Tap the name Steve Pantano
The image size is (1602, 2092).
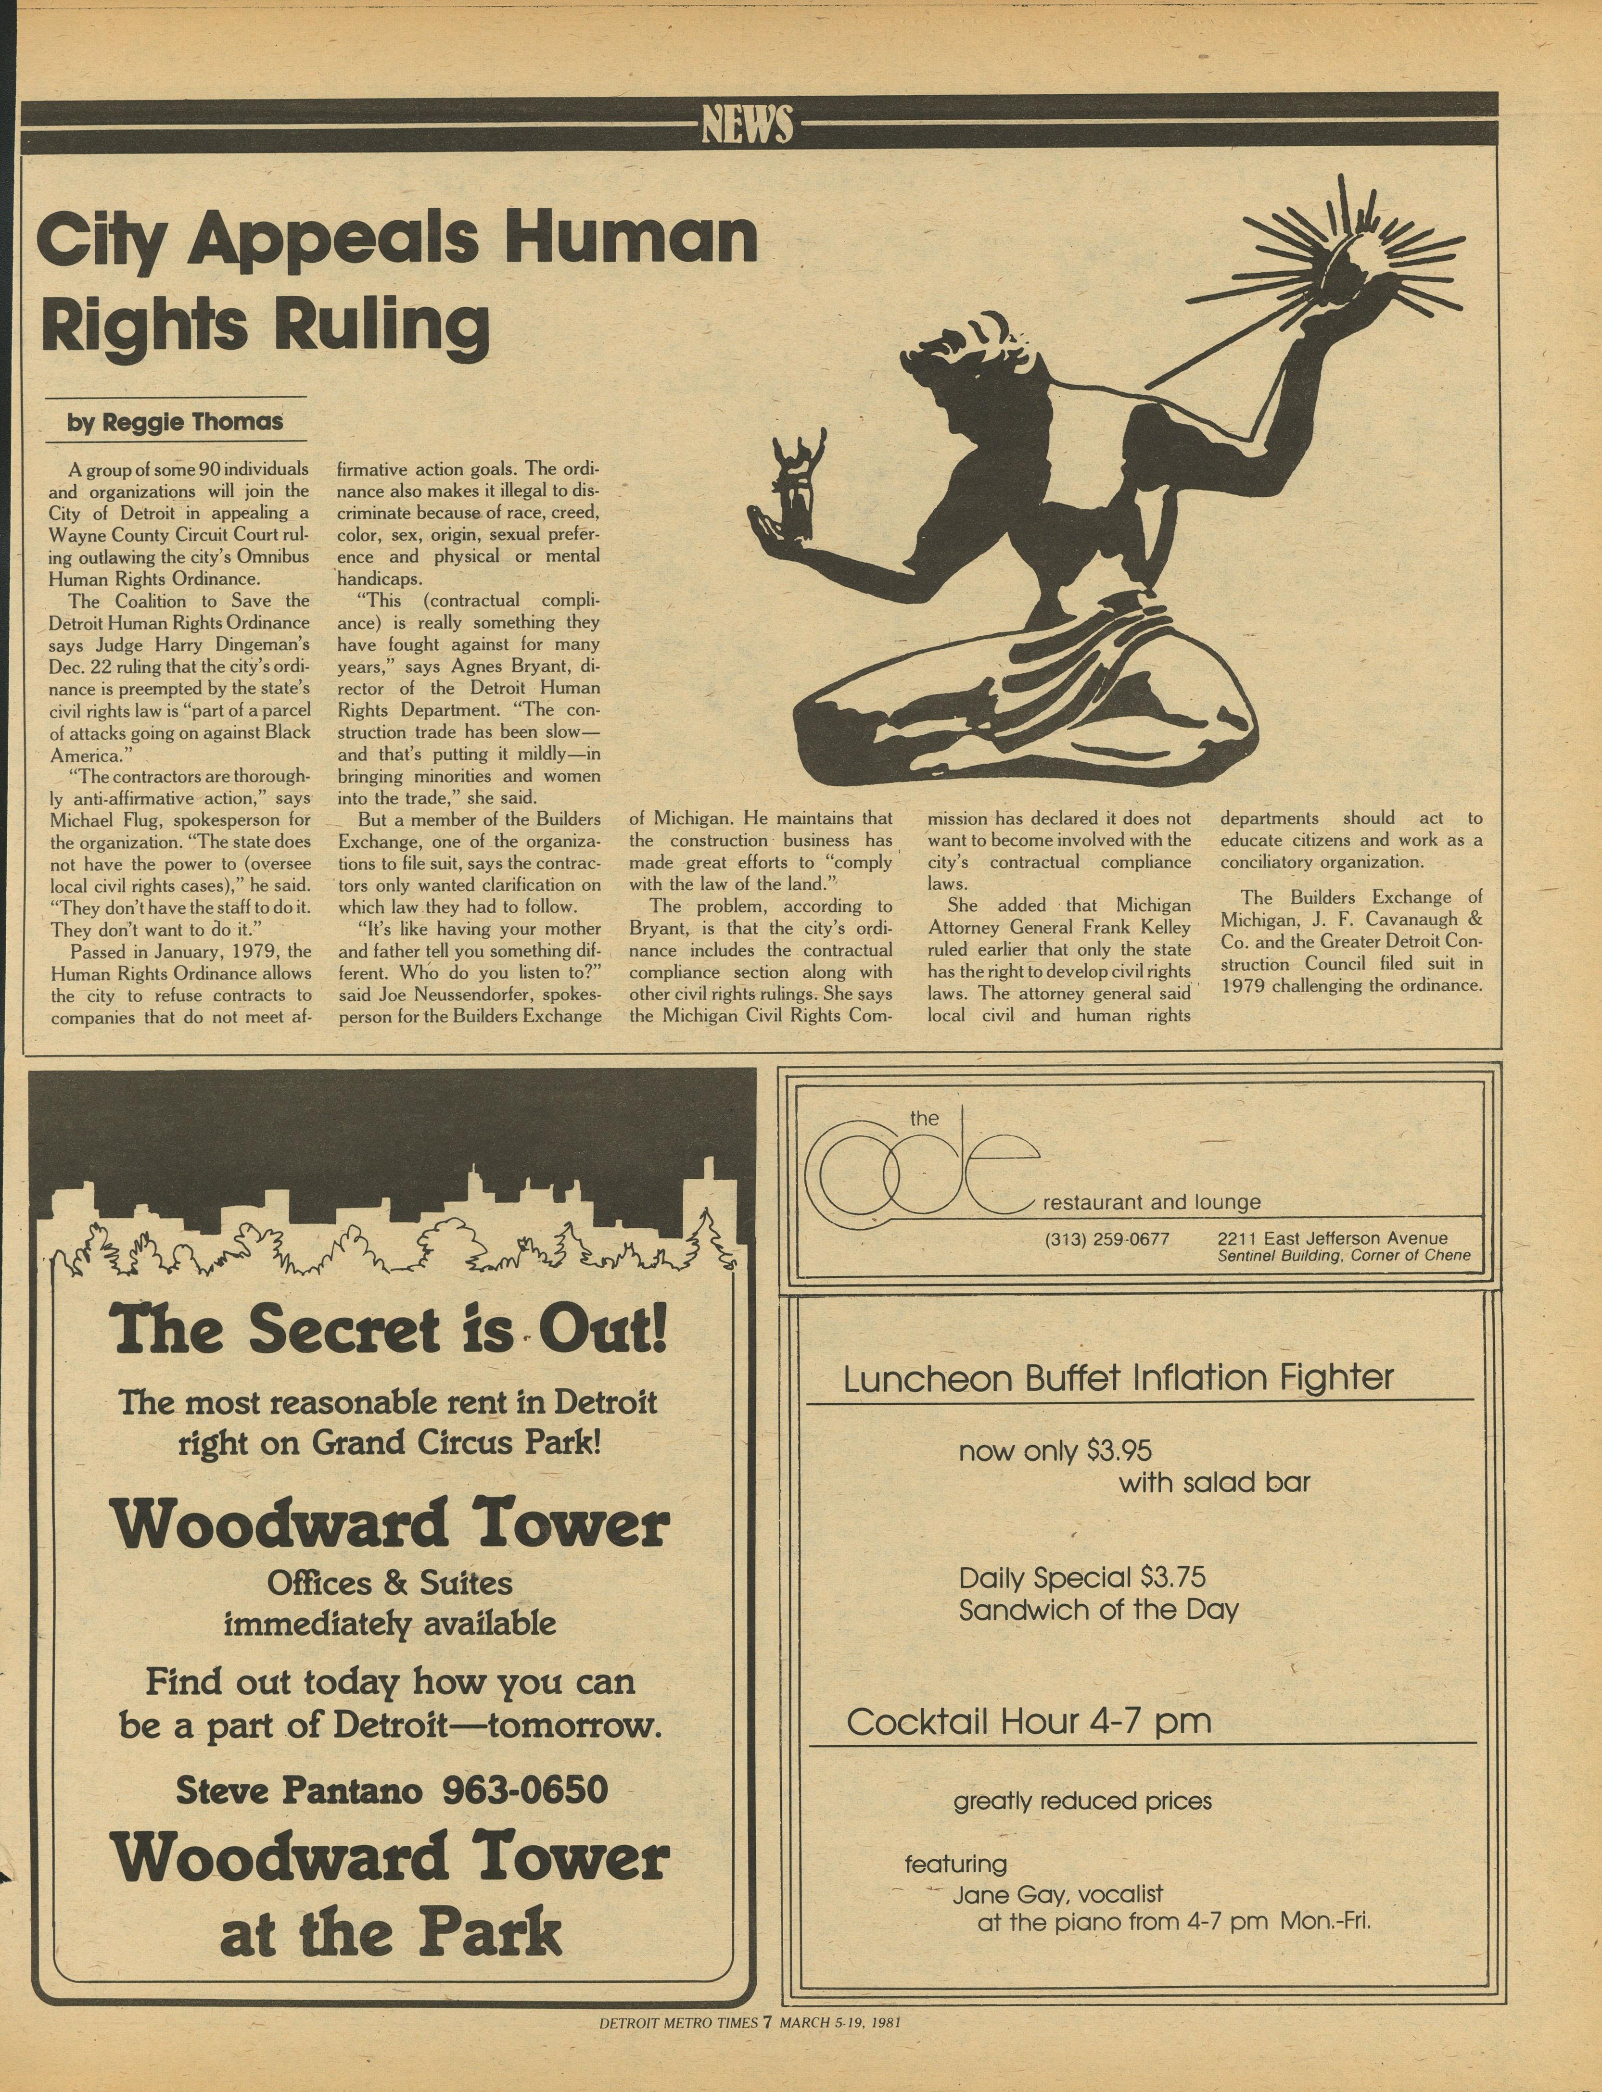(x=298, y=1790)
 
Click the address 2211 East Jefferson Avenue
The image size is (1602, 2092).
(x=1332, y=1238)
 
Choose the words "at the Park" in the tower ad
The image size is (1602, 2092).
(x=391, y=1929)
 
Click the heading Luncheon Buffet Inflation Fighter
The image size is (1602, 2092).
(x=1118, y=1377)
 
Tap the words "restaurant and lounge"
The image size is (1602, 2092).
(x=1152, y=1203)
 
